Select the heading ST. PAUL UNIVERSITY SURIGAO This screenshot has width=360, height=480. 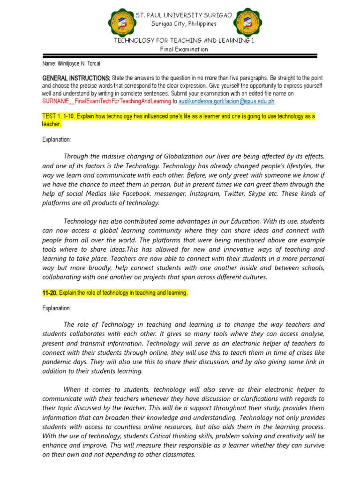pyautogui.click(x=184, y=15)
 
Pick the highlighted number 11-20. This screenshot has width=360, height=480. pyautogui.click(x=50, y=293)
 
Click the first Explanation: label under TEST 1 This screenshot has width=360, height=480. pyautogui.click(x=57, y=140)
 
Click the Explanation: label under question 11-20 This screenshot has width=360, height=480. pyautogui.click(x=57, y=308)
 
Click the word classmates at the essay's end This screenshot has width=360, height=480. pyautogui.click(x=175, y=455)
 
